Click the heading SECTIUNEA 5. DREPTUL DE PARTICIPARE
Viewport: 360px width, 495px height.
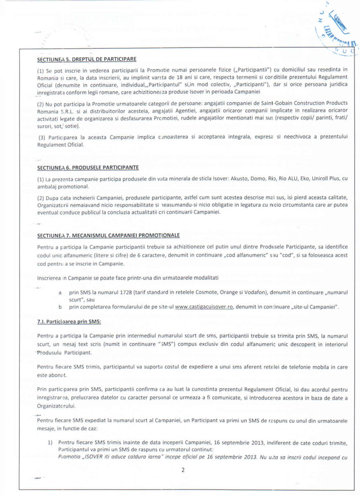click(86, 59)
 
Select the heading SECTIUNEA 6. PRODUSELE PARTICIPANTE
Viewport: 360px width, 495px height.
click(88, 168)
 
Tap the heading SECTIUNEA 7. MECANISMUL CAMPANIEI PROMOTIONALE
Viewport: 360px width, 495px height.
click(108, 236)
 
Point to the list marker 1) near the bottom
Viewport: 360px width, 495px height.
click(50, 443)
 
